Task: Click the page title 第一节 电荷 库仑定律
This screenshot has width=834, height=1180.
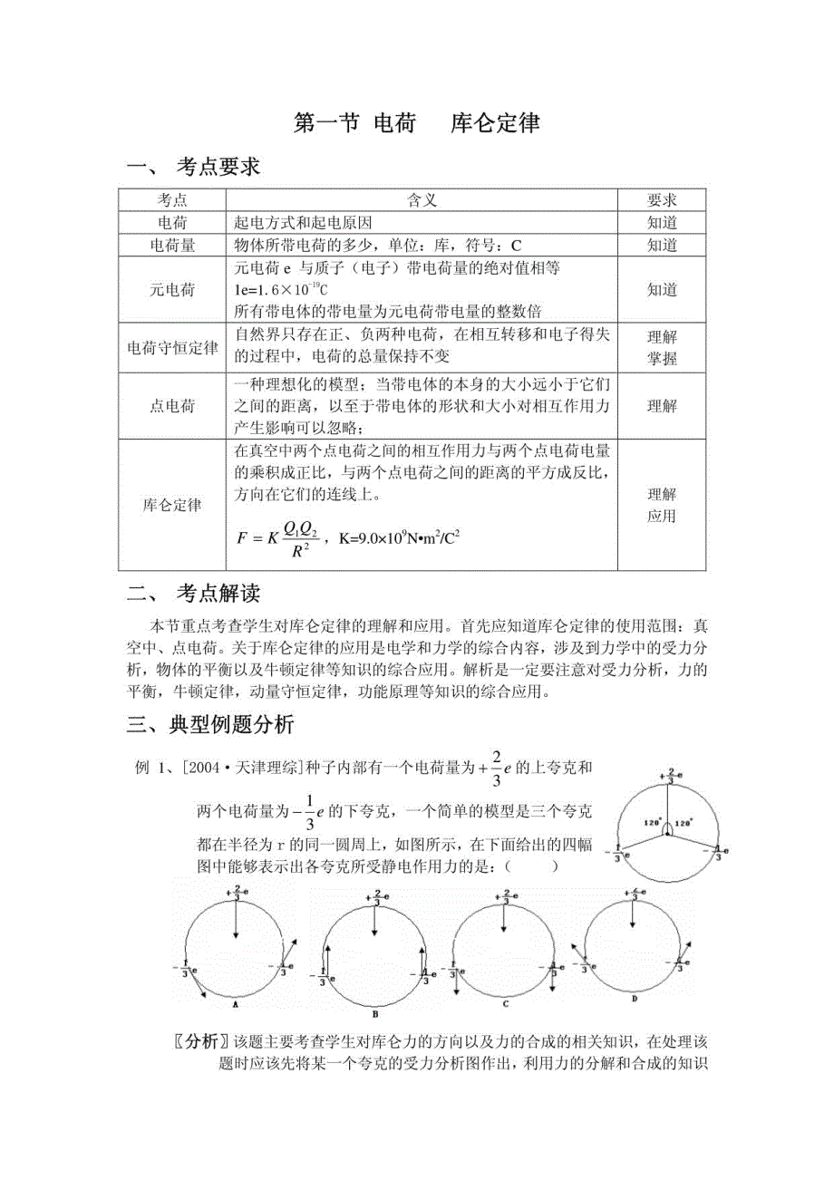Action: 417,123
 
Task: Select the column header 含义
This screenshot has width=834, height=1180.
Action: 422,199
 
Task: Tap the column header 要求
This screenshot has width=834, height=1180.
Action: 662,199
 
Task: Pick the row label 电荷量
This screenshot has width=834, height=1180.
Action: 173,245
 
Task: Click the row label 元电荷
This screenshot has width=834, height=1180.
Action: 173,290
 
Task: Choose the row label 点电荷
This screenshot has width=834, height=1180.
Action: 173,406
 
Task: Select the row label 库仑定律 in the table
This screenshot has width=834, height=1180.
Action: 173,505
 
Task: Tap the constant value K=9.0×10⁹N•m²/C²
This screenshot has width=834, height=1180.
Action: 399,537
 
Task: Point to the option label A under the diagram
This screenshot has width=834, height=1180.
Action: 236,1004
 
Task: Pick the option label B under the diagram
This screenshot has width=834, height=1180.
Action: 374,1013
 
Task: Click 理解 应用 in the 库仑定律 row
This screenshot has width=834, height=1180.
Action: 662,505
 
